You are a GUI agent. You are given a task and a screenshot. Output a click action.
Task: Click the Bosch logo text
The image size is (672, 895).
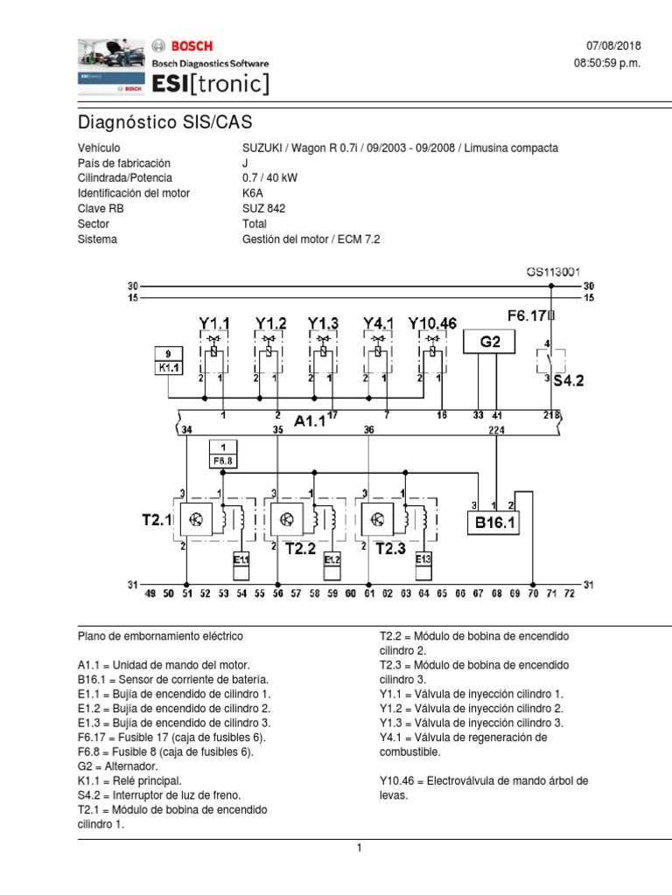190,45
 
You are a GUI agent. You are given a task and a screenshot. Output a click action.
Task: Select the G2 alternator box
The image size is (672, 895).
489,342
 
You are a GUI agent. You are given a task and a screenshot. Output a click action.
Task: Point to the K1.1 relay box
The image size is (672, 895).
168,359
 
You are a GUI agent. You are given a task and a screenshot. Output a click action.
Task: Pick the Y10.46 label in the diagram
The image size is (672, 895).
432,323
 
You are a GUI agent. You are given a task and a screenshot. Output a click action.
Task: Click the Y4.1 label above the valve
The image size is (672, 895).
377,323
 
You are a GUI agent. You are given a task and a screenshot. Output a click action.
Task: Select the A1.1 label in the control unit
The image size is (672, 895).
310,421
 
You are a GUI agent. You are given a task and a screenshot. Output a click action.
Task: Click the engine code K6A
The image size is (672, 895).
253,193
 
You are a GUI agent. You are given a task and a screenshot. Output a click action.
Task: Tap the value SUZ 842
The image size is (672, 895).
263,208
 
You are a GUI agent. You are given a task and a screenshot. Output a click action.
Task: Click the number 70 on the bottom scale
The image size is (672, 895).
534,594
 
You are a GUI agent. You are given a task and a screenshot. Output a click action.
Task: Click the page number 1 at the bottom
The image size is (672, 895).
359,848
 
